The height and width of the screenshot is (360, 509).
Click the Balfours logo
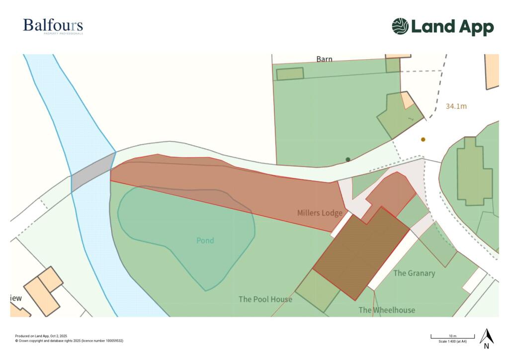[x=53, y=26]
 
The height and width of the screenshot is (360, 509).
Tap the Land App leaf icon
[x=400, y=26]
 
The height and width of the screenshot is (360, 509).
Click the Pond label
[x=205, y=241]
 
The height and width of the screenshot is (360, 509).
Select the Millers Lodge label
[x=320, y=213]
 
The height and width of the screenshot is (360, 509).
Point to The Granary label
[x=414, y=273]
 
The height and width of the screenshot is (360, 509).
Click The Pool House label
[x=265, y=299]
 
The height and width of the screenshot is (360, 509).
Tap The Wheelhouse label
[x=387, y=310]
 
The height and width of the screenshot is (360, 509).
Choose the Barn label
[x=324, y=59]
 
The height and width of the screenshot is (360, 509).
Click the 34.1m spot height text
[x=456, y=106]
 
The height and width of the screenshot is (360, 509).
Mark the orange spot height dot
[x=423, y=140]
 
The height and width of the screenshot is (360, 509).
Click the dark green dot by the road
[x=348, y=159]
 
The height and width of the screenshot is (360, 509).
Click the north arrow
[x=486, y=338]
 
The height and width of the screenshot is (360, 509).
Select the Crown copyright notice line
[x=69, y=341]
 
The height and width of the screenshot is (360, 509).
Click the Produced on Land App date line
[x=41, y=336]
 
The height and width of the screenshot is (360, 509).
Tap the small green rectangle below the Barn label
[x=290, y=74]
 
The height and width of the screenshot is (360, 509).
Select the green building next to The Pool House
[x=318, y=291]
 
